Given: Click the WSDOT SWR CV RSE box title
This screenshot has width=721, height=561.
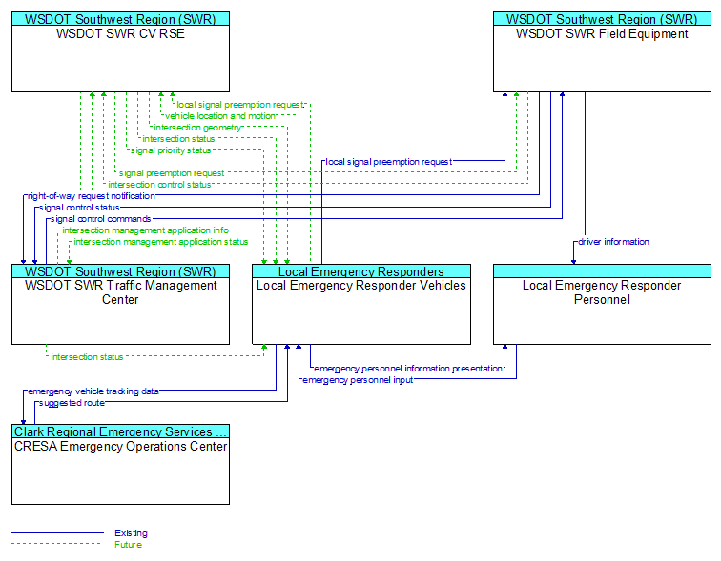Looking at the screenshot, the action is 120,33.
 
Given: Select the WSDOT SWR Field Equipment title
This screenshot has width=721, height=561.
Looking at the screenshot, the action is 602,34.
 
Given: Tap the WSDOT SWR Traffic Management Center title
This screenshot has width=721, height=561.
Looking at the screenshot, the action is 120,292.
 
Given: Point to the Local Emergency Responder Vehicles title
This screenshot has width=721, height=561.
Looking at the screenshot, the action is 360,286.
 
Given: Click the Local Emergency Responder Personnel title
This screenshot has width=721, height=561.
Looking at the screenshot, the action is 602,292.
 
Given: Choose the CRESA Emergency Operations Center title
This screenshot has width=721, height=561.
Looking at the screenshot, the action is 120,447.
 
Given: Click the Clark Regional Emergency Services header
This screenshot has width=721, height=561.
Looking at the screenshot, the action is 120,431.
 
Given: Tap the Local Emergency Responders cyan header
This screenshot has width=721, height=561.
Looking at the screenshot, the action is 360,271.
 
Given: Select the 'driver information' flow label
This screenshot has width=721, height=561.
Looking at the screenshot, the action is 613,242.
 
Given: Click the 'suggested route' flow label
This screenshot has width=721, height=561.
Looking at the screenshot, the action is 72,403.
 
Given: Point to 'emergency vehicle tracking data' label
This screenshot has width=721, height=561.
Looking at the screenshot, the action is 93,391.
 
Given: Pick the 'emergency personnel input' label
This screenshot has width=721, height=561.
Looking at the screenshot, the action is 358,380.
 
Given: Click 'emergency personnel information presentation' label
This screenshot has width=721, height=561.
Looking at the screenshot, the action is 408,369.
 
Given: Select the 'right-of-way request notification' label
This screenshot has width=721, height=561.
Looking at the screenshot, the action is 92,196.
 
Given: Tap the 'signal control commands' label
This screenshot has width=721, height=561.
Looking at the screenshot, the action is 101,219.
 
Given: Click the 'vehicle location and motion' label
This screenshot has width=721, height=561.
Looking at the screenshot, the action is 220,116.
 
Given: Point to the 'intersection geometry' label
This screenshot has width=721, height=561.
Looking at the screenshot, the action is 197,128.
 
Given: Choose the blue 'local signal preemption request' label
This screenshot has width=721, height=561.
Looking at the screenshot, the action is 389,162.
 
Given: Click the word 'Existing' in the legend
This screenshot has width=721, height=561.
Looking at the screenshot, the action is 131,533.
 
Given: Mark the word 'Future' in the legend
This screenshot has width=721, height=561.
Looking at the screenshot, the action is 129,545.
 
